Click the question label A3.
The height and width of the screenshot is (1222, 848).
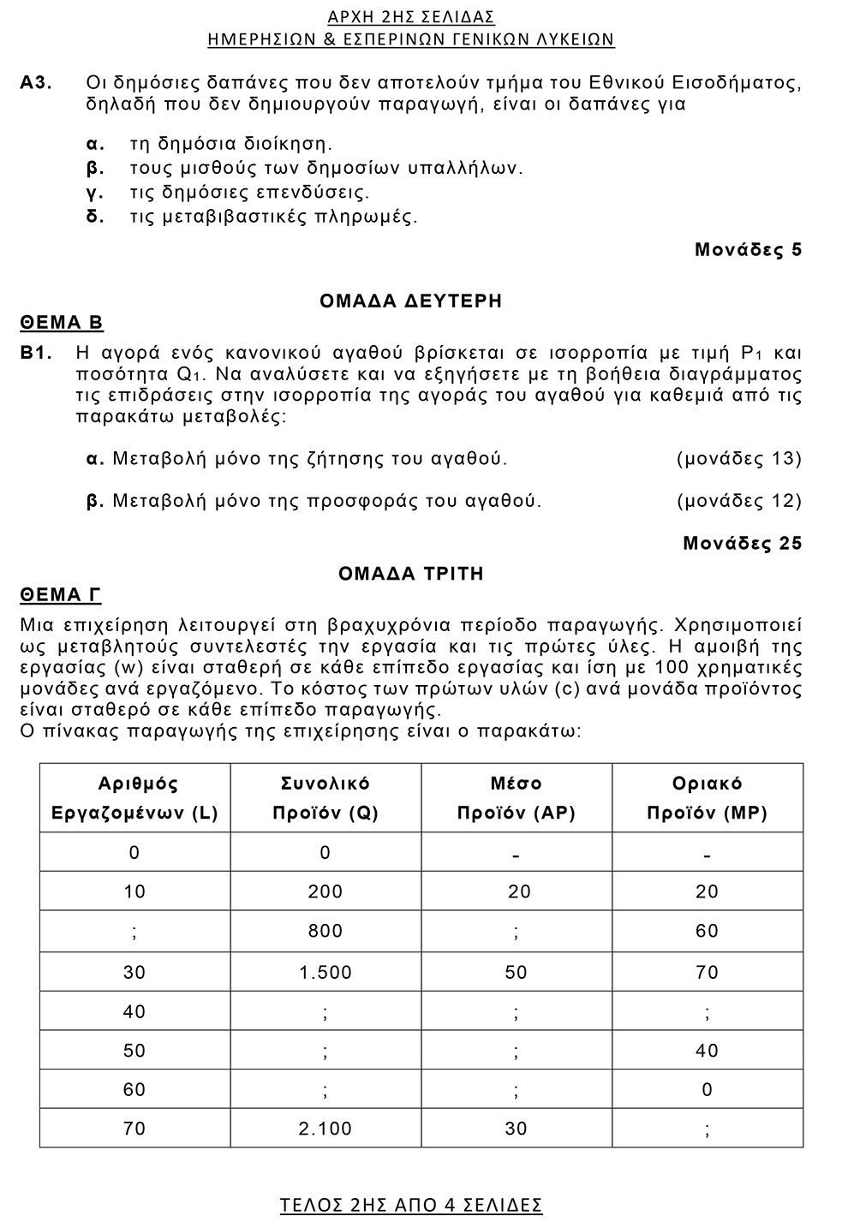[37, 83]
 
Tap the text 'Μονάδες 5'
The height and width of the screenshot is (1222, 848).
[748, 250]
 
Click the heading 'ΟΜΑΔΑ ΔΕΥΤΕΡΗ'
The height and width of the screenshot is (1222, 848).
[410, 301]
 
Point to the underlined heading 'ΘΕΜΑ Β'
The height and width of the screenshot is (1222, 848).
[62, 323]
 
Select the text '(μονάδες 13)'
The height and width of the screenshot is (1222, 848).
[739, 459]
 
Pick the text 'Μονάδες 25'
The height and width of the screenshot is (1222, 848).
[742, 543]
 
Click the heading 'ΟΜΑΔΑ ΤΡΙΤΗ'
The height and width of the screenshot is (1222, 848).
[411, 574]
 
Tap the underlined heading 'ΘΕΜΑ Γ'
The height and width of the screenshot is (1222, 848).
[61, 595]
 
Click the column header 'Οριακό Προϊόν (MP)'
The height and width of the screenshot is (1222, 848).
[707, 798]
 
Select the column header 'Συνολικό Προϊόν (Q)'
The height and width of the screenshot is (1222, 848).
[325, 798]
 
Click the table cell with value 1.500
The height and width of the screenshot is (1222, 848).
[325, 972]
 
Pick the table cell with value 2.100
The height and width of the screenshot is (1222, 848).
[325, 1129]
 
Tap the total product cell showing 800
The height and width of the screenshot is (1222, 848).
[325, 931]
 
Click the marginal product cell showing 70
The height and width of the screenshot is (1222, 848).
[707, 972]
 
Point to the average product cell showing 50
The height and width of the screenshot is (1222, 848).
[516, 972]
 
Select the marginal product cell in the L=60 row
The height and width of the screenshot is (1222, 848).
[707, 1089]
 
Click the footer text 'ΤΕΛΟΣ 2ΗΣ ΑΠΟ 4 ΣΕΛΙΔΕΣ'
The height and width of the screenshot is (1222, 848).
[411, 1205]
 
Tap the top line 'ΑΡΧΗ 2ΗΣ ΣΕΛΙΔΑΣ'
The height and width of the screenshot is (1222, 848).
[411, 17]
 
